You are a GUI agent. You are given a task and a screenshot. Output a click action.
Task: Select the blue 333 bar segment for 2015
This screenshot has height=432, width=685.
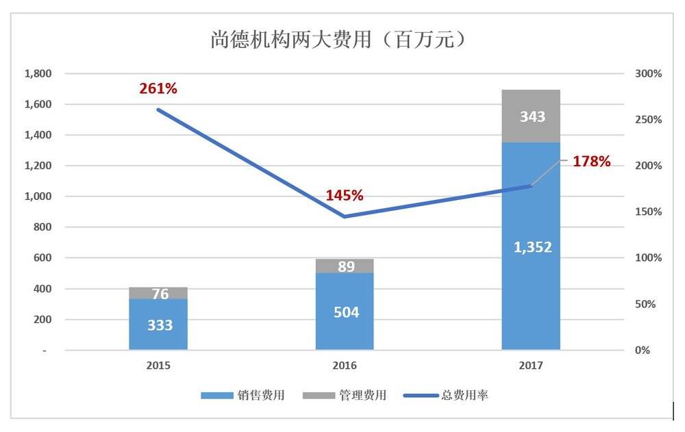[x=158, y=325]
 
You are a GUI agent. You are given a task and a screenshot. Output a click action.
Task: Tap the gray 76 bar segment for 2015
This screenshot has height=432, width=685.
[x=158, y=294]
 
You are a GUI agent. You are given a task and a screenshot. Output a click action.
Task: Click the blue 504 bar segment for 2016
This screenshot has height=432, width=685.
[x=345, y=312]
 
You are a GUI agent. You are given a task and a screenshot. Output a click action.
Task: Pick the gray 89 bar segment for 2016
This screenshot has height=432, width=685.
[x=345, y=266]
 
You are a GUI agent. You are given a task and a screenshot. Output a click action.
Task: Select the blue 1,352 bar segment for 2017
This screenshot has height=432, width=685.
[x=531, y=246]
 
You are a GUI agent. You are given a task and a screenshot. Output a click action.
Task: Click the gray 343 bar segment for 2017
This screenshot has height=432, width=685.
[x=531, y=116]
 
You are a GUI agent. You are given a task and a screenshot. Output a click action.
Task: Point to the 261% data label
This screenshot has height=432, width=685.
[x=158, y=88]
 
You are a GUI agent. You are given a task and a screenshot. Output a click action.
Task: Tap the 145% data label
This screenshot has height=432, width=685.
[x=345, y=195]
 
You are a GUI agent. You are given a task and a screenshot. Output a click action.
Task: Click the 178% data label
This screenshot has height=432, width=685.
[x=590, y=162]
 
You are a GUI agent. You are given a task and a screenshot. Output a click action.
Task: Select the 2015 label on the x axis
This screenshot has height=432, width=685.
[x=158, y=366]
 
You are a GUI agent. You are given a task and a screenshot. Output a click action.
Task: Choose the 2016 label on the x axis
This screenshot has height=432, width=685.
[x=345, y=366]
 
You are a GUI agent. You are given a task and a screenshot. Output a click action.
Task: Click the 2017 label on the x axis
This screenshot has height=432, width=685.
[x=531, y=366]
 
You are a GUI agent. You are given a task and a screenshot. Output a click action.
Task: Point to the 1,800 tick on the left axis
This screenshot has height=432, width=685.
[x=38, y=73]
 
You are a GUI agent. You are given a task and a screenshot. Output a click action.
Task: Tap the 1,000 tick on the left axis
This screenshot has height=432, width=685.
[x=38, y=196]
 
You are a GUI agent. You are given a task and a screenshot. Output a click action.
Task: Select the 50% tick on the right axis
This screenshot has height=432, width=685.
[x=646, y=304]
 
